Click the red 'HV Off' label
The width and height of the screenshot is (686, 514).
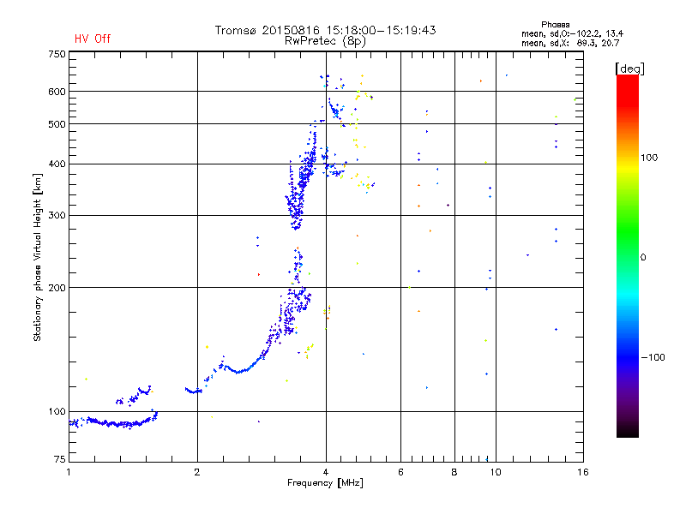(x=92, y=39)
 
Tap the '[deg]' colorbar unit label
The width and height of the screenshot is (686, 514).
(x=630, y=68)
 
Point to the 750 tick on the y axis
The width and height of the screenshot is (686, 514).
(x=57, y=53)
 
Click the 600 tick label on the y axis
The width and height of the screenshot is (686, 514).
(x=57, y=91)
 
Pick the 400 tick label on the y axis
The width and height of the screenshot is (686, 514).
(x=57, y=164)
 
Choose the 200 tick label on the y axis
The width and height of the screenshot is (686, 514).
(x=57, y=287)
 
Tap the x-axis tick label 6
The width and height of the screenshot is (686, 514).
(x=401, y=472)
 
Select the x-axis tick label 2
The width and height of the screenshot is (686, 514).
(x=197, y=472)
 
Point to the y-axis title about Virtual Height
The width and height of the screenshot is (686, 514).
(x=38, y=258)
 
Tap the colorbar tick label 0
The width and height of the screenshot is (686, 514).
(x=644, y=257)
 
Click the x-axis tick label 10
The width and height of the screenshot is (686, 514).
(x=495, y=472)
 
